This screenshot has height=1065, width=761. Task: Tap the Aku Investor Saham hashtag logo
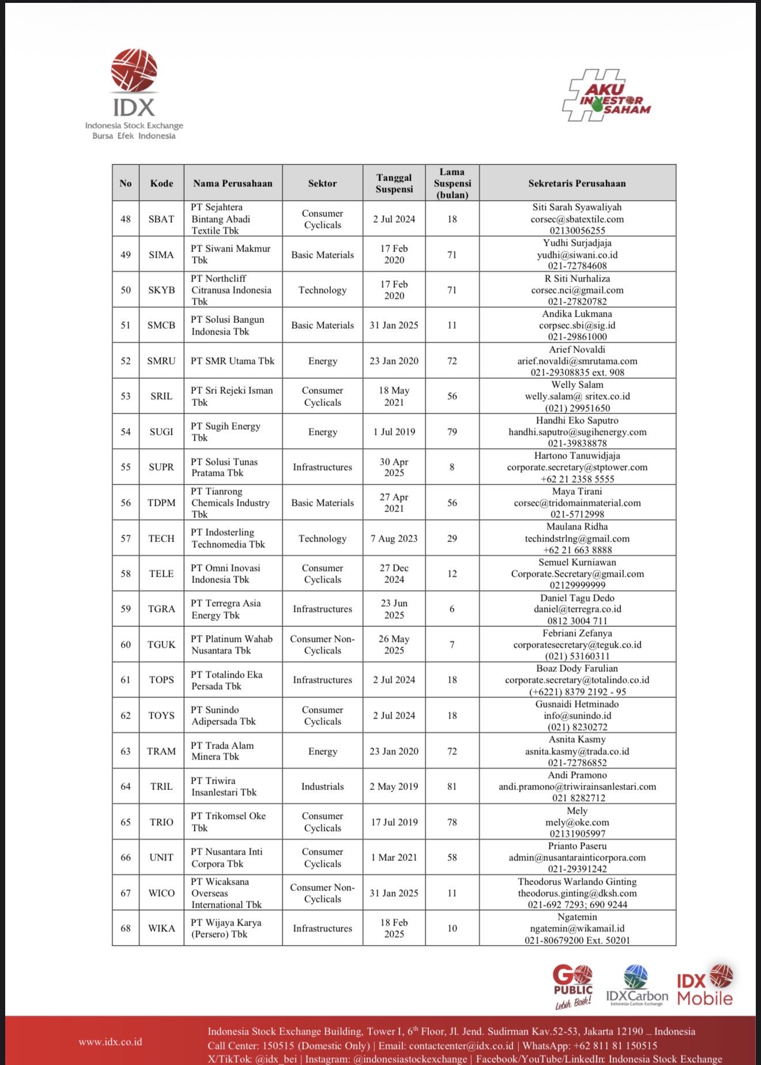click(606, 96)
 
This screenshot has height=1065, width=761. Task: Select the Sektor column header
click(322, 183)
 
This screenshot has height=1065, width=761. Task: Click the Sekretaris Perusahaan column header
click(577, 183)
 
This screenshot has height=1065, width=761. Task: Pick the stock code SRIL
click(161, 396)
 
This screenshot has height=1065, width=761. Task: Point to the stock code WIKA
click(161, 928)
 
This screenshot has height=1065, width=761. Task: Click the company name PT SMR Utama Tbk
click(233, 361)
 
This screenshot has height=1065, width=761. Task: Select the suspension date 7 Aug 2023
click(394, 539)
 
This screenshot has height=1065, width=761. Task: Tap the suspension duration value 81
click(452, 786)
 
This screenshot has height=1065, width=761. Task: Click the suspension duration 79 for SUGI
click(452, 432)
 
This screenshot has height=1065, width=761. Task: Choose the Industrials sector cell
click(322, 786)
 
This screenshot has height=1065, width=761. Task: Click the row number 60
click(126, 645)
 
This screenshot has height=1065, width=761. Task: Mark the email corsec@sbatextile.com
click(577, 219)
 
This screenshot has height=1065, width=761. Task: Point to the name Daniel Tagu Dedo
click(577, 598)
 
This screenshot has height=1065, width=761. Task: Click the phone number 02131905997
click(577, 834)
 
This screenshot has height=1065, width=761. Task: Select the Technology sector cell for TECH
click(322, 539)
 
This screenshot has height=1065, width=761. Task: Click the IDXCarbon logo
click(636, 986)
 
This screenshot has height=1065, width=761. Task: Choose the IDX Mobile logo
click(705, 986)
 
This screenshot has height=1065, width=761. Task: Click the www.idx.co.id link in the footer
click(110, 1042)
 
